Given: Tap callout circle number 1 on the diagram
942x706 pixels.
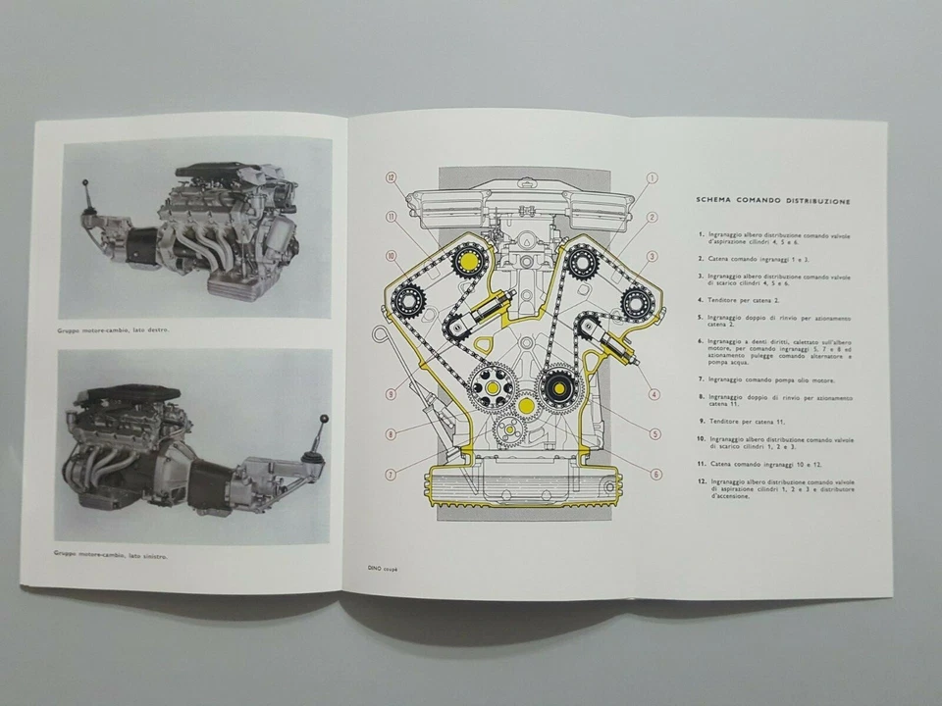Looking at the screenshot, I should point(652,178).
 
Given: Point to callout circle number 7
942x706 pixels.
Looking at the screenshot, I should point(391,475).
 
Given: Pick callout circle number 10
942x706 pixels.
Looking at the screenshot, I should point(391,256).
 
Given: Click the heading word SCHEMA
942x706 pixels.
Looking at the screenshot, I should point(715,200).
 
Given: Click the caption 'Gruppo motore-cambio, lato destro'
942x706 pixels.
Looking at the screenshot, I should point(114,330).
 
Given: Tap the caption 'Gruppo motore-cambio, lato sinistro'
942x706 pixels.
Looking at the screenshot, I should point(111,555).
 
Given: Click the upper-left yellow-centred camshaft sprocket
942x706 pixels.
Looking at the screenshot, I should point(462,262).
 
